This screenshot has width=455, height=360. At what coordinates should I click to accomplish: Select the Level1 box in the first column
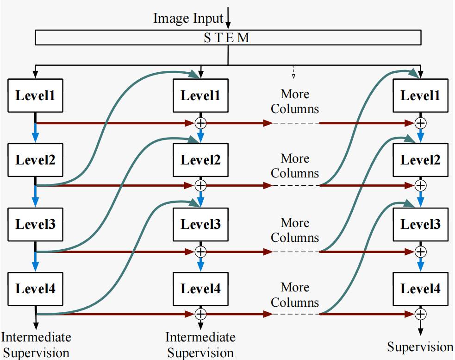click(x=35, y=95)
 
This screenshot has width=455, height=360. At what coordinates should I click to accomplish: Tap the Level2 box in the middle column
click(x=200, y=160)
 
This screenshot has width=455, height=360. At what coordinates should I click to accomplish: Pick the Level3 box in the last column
click(x=420, y=225)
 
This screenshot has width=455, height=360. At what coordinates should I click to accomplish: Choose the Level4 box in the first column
click(x=35, y=289)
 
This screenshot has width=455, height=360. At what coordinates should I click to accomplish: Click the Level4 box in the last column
click(x=420, y=289)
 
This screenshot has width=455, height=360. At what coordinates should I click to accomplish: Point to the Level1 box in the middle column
click(x=200, y=95)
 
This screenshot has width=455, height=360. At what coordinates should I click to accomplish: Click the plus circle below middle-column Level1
click(x=200, y=123)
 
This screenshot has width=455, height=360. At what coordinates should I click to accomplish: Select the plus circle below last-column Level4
click(x=420, y=314)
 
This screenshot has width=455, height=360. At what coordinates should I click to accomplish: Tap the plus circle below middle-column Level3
click(x=200, y=252)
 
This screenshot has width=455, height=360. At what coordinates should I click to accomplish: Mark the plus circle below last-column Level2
click(x=420, y=185)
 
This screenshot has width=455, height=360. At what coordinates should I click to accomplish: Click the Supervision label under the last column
click(x=420, y=347)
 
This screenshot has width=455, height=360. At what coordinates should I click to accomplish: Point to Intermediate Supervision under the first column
click(x=36, y=345)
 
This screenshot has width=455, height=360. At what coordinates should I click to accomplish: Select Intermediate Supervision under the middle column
click(x=200, y=345)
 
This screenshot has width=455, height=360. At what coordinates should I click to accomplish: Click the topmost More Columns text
click(x=295, y=101)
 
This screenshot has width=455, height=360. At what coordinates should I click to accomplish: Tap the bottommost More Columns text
click(x=295, y=295)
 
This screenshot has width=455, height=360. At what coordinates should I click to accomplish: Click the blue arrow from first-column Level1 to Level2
click(x=36, y=133)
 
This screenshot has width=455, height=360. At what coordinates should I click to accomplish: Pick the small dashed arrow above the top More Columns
click(x=293, y=72)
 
